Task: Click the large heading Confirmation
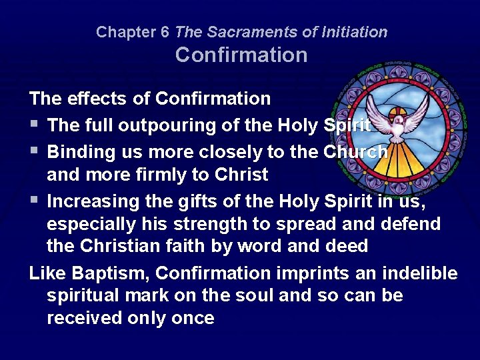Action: click(241, 55)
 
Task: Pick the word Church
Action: click(355, 152)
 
